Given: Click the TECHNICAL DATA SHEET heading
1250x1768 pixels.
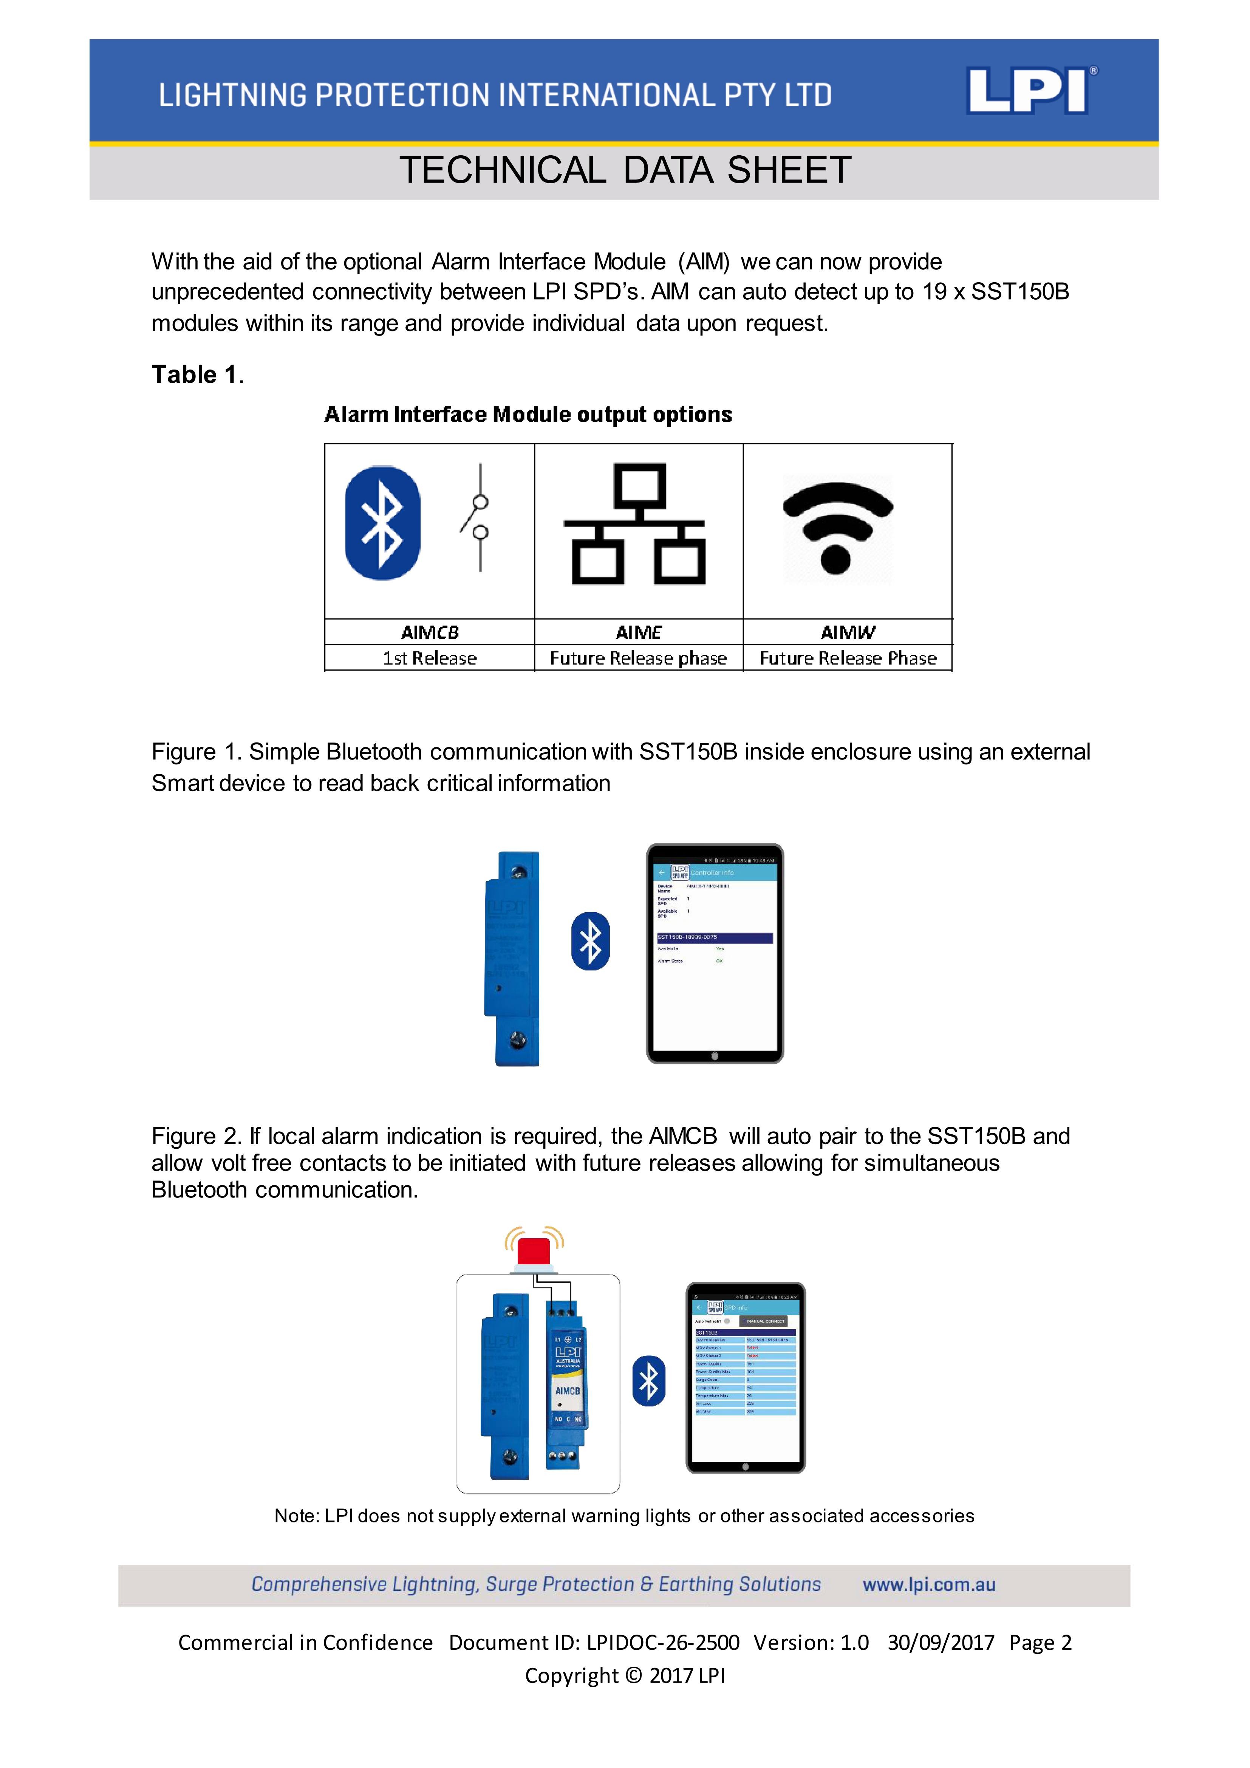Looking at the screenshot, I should [625, 170].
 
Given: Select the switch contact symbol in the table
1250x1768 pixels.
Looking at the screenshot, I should [479, 517].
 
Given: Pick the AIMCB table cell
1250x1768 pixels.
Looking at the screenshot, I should [430, 632].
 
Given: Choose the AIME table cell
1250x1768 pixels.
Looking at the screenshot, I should [639, 632].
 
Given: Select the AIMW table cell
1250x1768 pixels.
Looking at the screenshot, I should [847, 632].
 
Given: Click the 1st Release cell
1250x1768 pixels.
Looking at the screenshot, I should [430, 658].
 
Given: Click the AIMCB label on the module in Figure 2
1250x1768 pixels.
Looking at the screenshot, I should [568, 1391].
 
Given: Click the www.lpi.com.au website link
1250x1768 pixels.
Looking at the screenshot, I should [929, 1585].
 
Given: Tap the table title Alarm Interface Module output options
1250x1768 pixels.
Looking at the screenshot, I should [528, 415].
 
